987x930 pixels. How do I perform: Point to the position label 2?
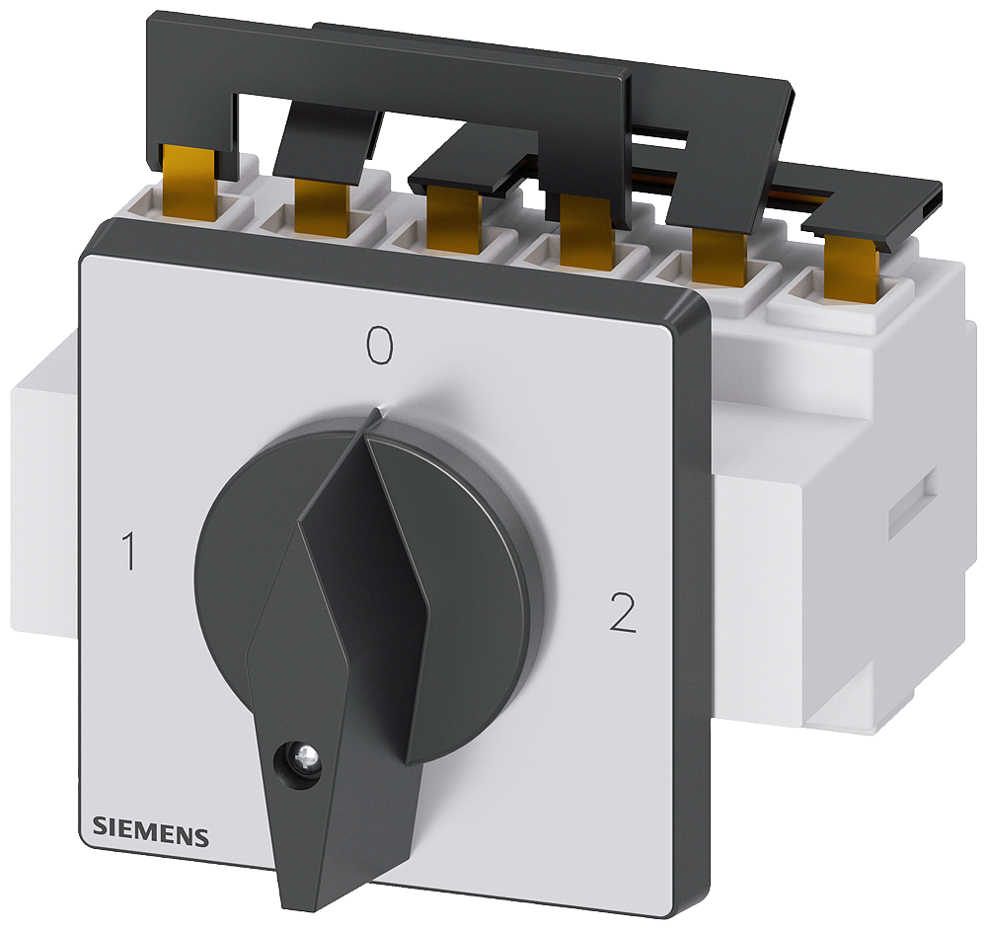pos(622,614)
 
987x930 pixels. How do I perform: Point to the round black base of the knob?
pos(474,592)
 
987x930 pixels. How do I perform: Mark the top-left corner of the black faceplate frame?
pos(89,237)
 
